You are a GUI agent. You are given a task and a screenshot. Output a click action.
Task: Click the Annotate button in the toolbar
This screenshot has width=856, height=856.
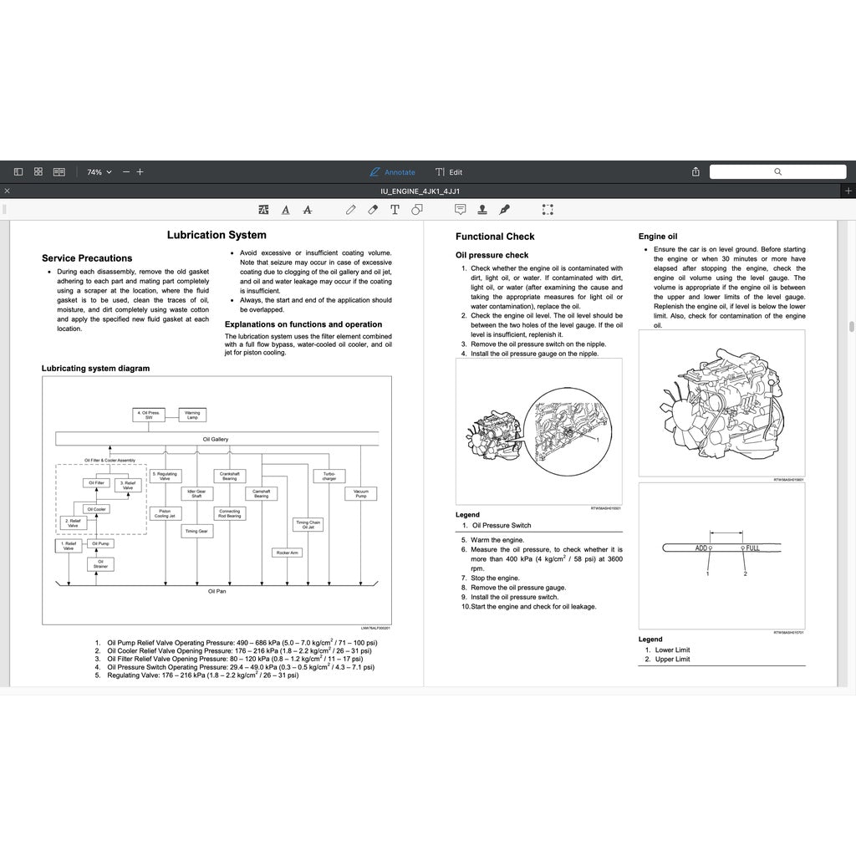click(392, 172)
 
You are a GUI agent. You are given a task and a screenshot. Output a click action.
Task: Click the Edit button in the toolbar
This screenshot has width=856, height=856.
click(449, 172)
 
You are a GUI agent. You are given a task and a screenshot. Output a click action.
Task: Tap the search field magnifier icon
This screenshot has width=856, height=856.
click(777, 172)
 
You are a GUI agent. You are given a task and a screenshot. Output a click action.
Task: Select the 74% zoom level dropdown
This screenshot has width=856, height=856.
click(99, 172)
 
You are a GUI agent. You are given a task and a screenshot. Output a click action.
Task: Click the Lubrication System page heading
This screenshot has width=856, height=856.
click(217, 236)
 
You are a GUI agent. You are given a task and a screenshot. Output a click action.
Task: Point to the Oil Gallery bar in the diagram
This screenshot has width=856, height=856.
click(216, 439)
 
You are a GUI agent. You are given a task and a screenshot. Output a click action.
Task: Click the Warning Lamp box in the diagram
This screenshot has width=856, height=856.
click(192, 415)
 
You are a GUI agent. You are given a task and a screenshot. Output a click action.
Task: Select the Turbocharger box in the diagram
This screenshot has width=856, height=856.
click(329, 476)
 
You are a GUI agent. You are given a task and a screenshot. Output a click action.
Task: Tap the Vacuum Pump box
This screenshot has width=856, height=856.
click(360, 493)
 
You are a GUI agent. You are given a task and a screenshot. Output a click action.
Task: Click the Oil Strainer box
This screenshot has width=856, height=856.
click(100, 564)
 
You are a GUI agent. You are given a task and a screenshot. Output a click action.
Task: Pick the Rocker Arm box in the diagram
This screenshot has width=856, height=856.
click(287, 553)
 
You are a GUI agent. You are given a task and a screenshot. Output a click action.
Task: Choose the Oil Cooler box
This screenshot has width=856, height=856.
click(97, 509)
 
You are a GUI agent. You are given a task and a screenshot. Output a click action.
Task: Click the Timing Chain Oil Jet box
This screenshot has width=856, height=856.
click(308, 525)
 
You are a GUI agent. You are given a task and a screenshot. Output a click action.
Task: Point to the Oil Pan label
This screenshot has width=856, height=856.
click(217, 591)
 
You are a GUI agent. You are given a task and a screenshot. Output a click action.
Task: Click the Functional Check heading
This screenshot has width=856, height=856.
click(495, 237)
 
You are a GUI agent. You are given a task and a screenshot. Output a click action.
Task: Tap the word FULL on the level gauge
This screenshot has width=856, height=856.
click(752, 548)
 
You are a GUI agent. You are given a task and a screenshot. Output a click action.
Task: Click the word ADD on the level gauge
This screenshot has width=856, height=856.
click(701, 548)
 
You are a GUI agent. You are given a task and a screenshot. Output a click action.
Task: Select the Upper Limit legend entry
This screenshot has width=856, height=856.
click(672, 660)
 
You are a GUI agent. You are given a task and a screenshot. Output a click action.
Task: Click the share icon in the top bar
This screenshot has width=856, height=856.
click(695, 172)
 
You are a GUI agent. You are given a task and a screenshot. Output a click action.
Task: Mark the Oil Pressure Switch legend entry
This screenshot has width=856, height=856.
click(501, 526)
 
